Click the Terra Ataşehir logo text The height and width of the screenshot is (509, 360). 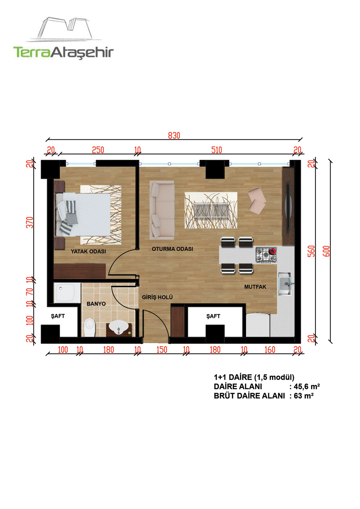[63, 53]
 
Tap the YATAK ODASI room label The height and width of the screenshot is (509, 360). [88, 251]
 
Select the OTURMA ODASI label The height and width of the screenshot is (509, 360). [172, 249]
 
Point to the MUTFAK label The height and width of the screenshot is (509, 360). [255, 287]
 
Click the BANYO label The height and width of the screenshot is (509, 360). [96, 304]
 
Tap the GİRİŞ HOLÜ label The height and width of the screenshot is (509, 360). [157, 297]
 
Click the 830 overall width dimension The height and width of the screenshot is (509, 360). [174, 135]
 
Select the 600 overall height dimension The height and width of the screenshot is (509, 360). [327, 251]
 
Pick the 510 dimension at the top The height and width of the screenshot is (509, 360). [216, 150]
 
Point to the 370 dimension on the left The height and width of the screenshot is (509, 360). [30, 222]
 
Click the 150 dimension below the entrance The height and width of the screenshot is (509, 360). [162, 350]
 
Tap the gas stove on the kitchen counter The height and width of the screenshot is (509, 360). [266, 255]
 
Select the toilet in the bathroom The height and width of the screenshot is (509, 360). [90, 327]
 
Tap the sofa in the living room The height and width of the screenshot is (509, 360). [162, 210]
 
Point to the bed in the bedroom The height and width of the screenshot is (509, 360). [83, 214]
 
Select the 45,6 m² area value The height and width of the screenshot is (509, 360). [307, 386]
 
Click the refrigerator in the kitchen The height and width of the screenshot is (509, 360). [258, 325]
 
